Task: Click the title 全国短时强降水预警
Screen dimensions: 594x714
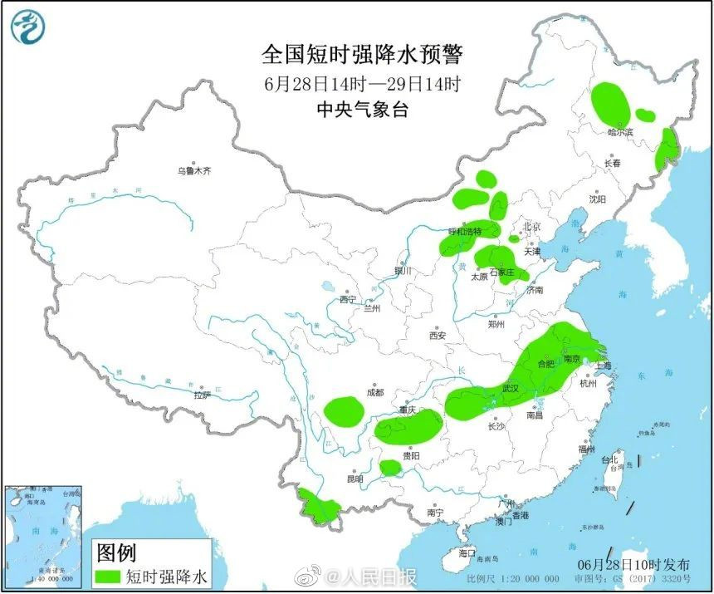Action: pyautogui.click(x=362, y=55)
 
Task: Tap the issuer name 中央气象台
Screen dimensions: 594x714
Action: pyautogui.click(x=362, y=109)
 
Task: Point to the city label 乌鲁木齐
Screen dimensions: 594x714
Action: pyautogui.click(x=193, y=170)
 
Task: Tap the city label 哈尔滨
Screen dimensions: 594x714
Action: pyautogui.click(x=619, y=131)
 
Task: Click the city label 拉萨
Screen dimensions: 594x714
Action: pyautogui.click(x=203, y=396)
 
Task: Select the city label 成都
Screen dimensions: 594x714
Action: pyautogui.click(x=374, y=392)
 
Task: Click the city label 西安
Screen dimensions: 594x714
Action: pyautogui.click(x=438, y=336)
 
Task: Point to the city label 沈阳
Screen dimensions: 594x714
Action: pyautogui.click(x=597, y=199)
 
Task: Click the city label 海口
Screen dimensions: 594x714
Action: pyautogui.click(x=467, y=552)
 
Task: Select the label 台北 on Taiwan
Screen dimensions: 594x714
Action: pyautogui.click(x=609, y=459)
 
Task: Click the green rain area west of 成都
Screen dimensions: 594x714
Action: pyautogui.click(x=344, y=410)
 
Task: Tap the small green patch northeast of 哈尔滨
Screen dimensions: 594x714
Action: pyautogui.click(x=645, y=115)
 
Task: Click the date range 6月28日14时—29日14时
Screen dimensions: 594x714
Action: pyautogui.click(x=362, y=83)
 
